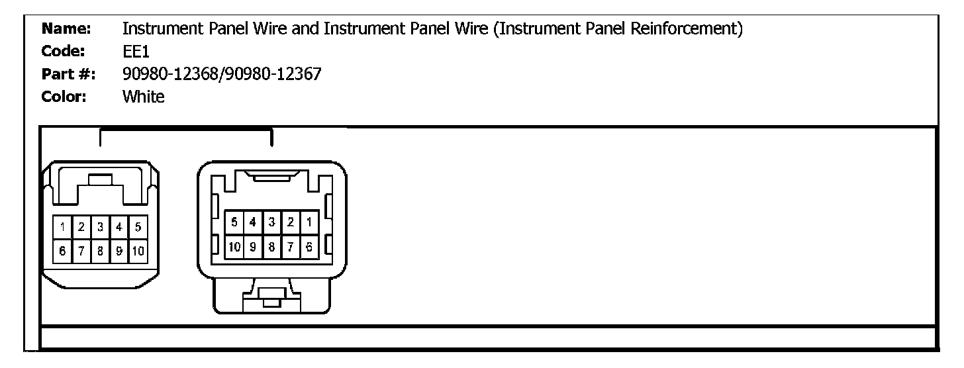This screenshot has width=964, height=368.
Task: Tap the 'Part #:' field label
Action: click(x=68, y=75)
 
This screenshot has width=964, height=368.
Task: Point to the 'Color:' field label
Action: click(x=66, y=97)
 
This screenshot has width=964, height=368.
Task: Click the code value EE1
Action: click(x=136, y=52)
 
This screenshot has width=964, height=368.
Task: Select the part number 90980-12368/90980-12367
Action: click(x=222, y=75)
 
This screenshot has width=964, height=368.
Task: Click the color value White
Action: click(x=143, y=97)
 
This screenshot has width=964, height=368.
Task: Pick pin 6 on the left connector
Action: click(x=62, y=251)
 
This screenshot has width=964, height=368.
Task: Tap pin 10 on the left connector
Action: click(x=139, y=251)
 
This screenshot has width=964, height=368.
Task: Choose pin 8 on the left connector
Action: click(x=100, y=251)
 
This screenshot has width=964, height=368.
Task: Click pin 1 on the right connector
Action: click(x=309, y=221)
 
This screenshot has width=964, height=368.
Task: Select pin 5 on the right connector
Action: click(x=234, y=221)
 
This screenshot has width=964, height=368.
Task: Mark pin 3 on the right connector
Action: click(x=271, y=221)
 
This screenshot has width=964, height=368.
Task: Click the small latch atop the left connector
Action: click(x=100, y=179)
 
